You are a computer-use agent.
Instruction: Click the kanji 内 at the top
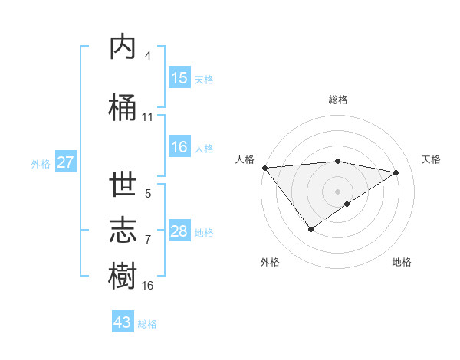(x=123, y=47)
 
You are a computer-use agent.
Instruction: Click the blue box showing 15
(x=179, y=78)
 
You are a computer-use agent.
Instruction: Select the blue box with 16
(x=179, y=147)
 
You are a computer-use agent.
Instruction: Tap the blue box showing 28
(x=179, y=231)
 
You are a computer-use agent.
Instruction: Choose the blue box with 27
(x=66, y=162)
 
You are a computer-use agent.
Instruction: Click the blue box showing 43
(x=123, y=322)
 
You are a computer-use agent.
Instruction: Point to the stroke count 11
(x=148, y=117)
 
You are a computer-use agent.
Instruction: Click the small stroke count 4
(x=148, y=56)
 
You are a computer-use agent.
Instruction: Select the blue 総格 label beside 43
(x=147, y=323)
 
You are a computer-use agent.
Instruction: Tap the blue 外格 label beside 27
(x=41, y=163)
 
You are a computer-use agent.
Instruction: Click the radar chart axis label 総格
(x=338, y=100)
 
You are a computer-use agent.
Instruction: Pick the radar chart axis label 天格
(x=431, y=159)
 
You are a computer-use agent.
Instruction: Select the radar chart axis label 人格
(x=245, y=159)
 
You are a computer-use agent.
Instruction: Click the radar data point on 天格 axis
(x=396, y=172)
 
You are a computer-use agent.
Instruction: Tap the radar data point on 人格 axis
(x=264, y=168)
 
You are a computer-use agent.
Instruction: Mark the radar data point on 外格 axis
(x=310, y=229)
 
